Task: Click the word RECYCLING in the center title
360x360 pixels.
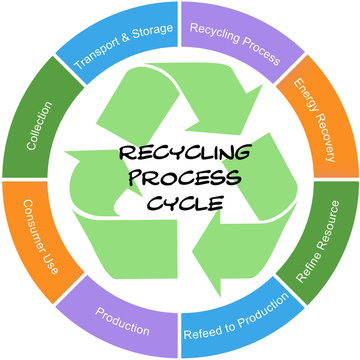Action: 180,156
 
